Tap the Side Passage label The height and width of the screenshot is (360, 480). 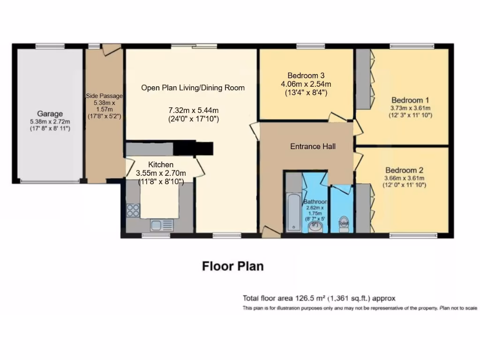point(104,96)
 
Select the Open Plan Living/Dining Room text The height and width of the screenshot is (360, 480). point(193,88)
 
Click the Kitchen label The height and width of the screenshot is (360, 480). point(161,165)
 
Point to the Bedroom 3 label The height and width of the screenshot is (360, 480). point(306,75)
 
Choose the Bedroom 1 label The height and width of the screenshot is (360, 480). point(410,100)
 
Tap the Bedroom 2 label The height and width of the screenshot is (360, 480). point(404,170)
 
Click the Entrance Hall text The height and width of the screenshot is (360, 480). point(313,147)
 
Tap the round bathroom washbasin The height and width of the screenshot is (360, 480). point(316,227)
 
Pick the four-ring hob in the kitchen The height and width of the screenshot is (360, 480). point(133,210)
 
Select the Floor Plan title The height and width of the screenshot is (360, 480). point(232,266)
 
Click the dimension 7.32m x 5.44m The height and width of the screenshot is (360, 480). point(194,110)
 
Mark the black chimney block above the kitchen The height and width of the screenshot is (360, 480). point(193,148)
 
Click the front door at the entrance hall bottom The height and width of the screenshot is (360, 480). point(270,232)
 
